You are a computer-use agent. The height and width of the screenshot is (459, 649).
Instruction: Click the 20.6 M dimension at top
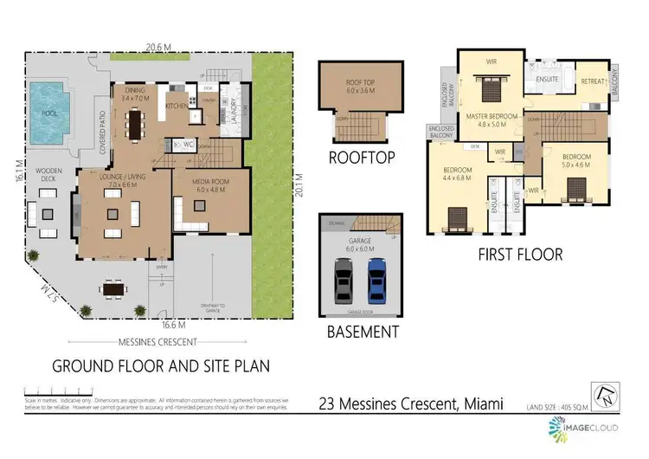click(157, 47)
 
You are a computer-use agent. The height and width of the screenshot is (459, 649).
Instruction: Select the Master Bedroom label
click(492, 119)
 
